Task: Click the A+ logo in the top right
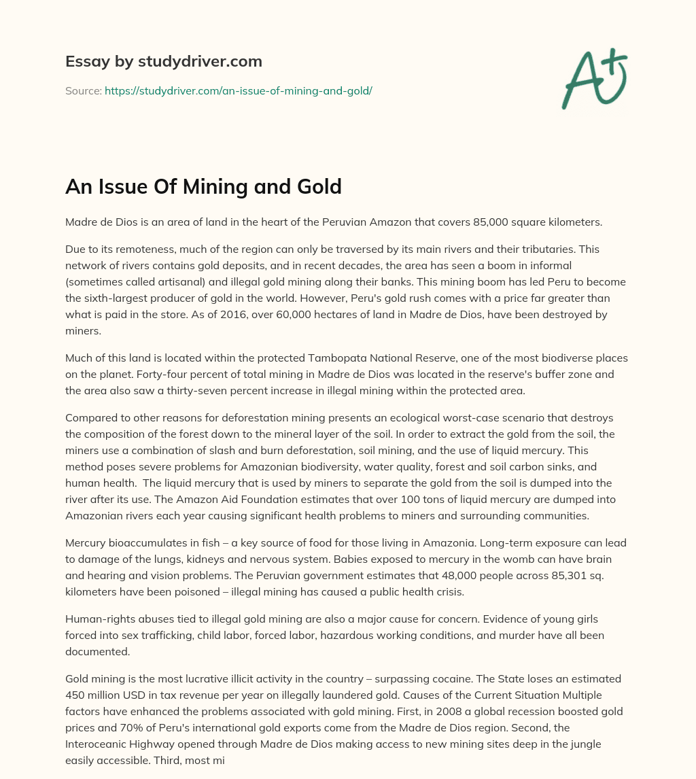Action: [594, 79]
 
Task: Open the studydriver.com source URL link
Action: [238, 90]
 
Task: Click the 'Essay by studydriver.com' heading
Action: [164, 61]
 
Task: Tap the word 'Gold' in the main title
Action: [318, 186]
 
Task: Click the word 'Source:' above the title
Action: [84, 90]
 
